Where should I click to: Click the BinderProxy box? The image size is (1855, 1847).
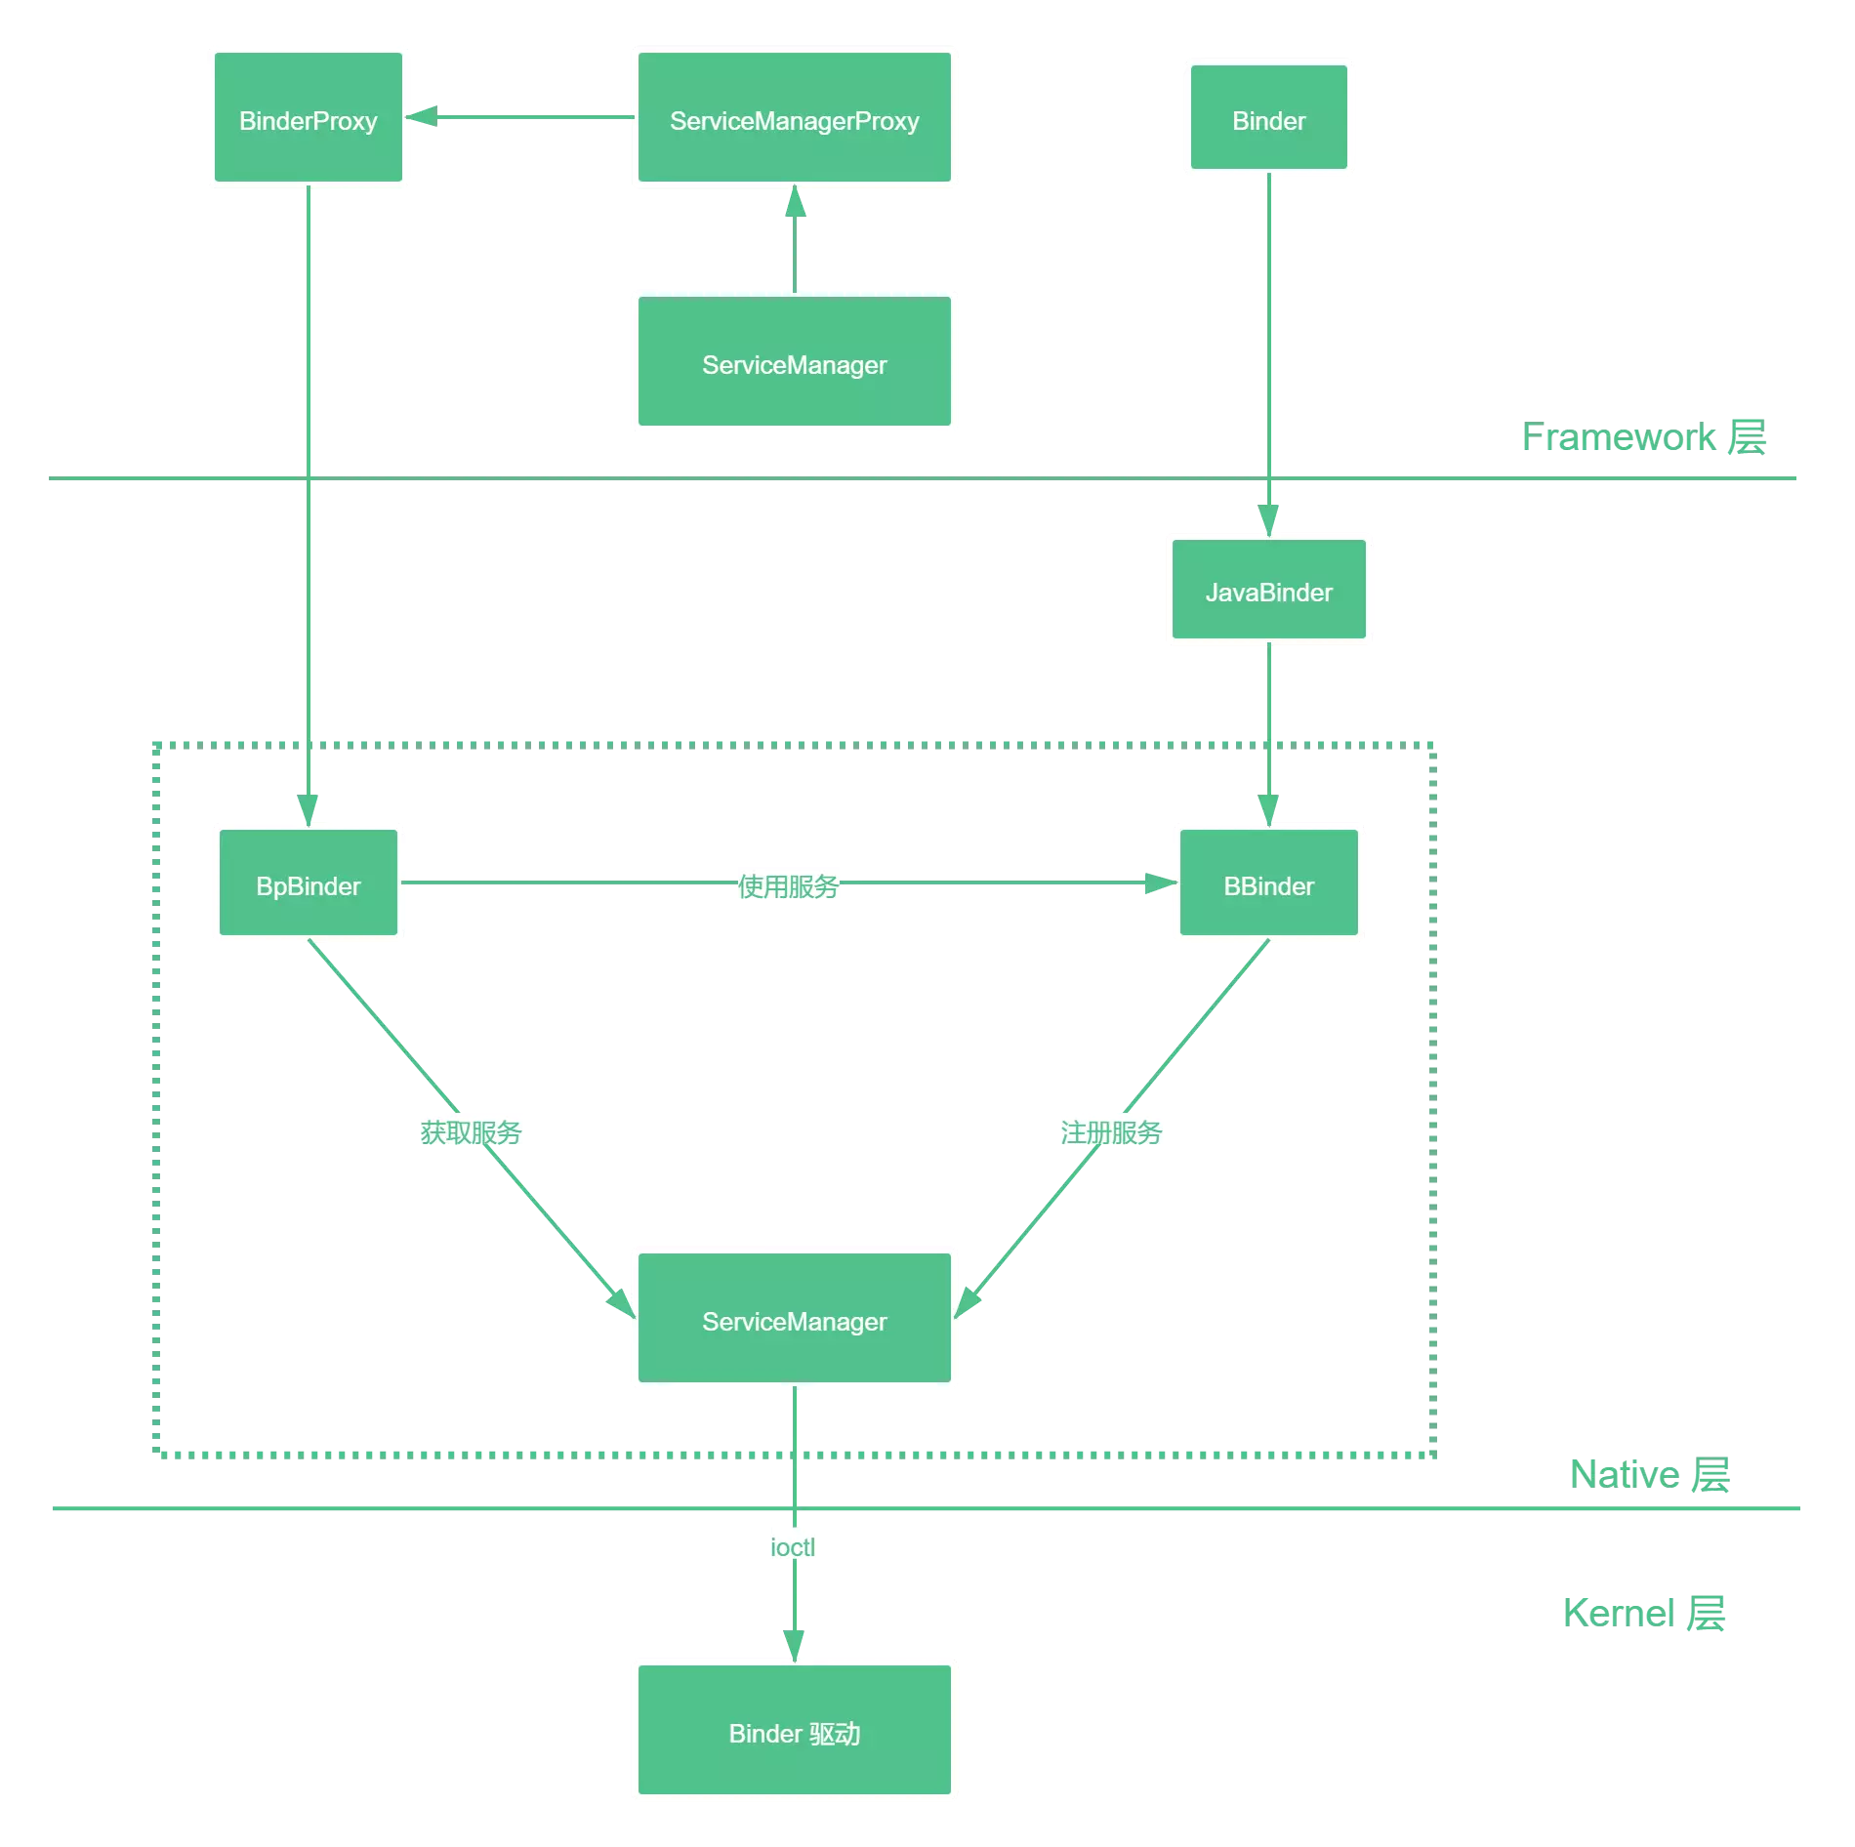[x=309, y=118]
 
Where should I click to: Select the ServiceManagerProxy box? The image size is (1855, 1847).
[x=795, y=118]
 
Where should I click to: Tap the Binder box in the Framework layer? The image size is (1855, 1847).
[x=1269, y=118]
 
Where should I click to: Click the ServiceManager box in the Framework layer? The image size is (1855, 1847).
[x=795, y=362]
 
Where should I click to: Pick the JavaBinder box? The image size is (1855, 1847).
[x=1269, y=590]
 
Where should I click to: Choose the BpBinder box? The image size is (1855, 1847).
[x=309, y=883]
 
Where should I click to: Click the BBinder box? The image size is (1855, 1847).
[x=1269, y=883]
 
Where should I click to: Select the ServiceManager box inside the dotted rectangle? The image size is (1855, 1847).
[x=795, y=1319]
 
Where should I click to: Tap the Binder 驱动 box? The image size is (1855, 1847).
[x=795, y=1731]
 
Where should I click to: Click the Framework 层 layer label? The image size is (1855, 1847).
[x=1644, y=437]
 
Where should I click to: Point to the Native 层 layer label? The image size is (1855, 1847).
[x=1649, y=1474]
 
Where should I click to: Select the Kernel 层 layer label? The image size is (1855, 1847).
[x=1644, y=1613]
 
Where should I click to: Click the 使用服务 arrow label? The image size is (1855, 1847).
[x=789, y=884]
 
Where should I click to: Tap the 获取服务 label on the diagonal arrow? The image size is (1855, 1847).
[x=472, y=1130]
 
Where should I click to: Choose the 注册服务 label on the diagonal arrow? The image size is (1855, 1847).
[x=1112, y=1130]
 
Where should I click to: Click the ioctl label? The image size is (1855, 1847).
[x=793, y=1546]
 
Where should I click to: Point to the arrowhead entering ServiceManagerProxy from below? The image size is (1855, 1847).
[x=796, y=201]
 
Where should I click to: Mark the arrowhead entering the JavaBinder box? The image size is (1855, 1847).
[x=1268, y=520]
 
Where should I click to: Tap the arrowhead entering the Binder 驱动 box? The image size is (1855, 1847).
[x=795, y=1645]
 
